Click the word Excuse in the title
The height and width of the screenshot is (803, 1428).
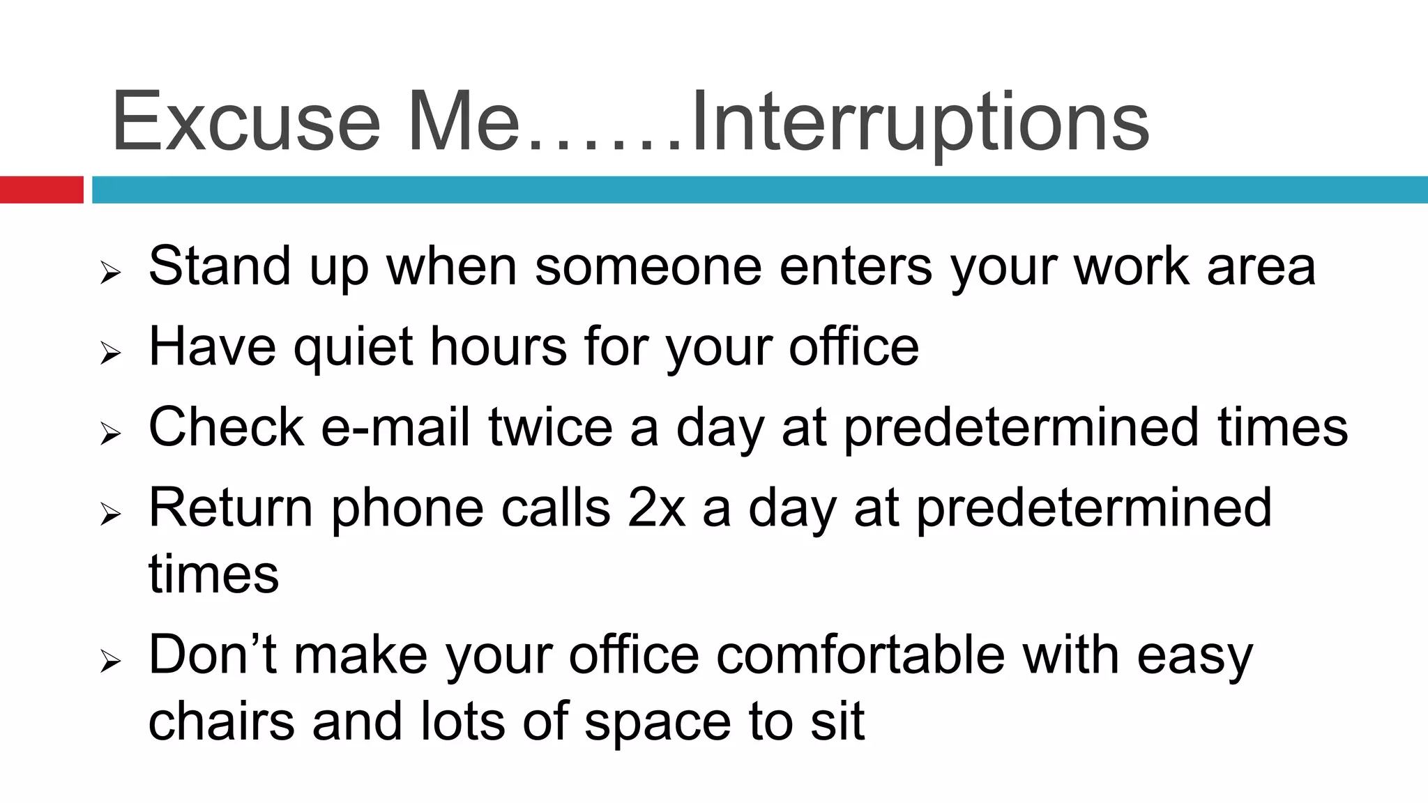coord(245,122)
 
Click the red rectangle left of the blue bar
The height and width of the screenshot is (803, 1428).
coord(41,190)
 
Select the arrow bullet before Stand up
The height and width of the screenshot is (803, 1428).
coord(110,273)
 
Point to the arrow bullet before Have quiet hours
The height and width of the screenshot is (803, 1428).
coord(110,353)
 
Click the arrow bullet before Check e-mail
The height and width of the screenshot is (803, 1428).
coord(110,434)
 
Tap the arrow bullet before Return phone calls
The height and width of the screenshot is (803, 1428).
coord(110,514)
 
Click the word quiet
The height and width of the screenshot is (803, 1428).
coord(353,346)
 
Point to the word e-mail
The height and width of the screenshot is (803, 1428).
coord(395,427)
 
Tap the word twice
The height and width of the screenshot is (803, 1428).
coord(550,427)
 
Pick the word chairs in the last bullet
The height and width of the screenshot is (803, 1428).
coord(221,721)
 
